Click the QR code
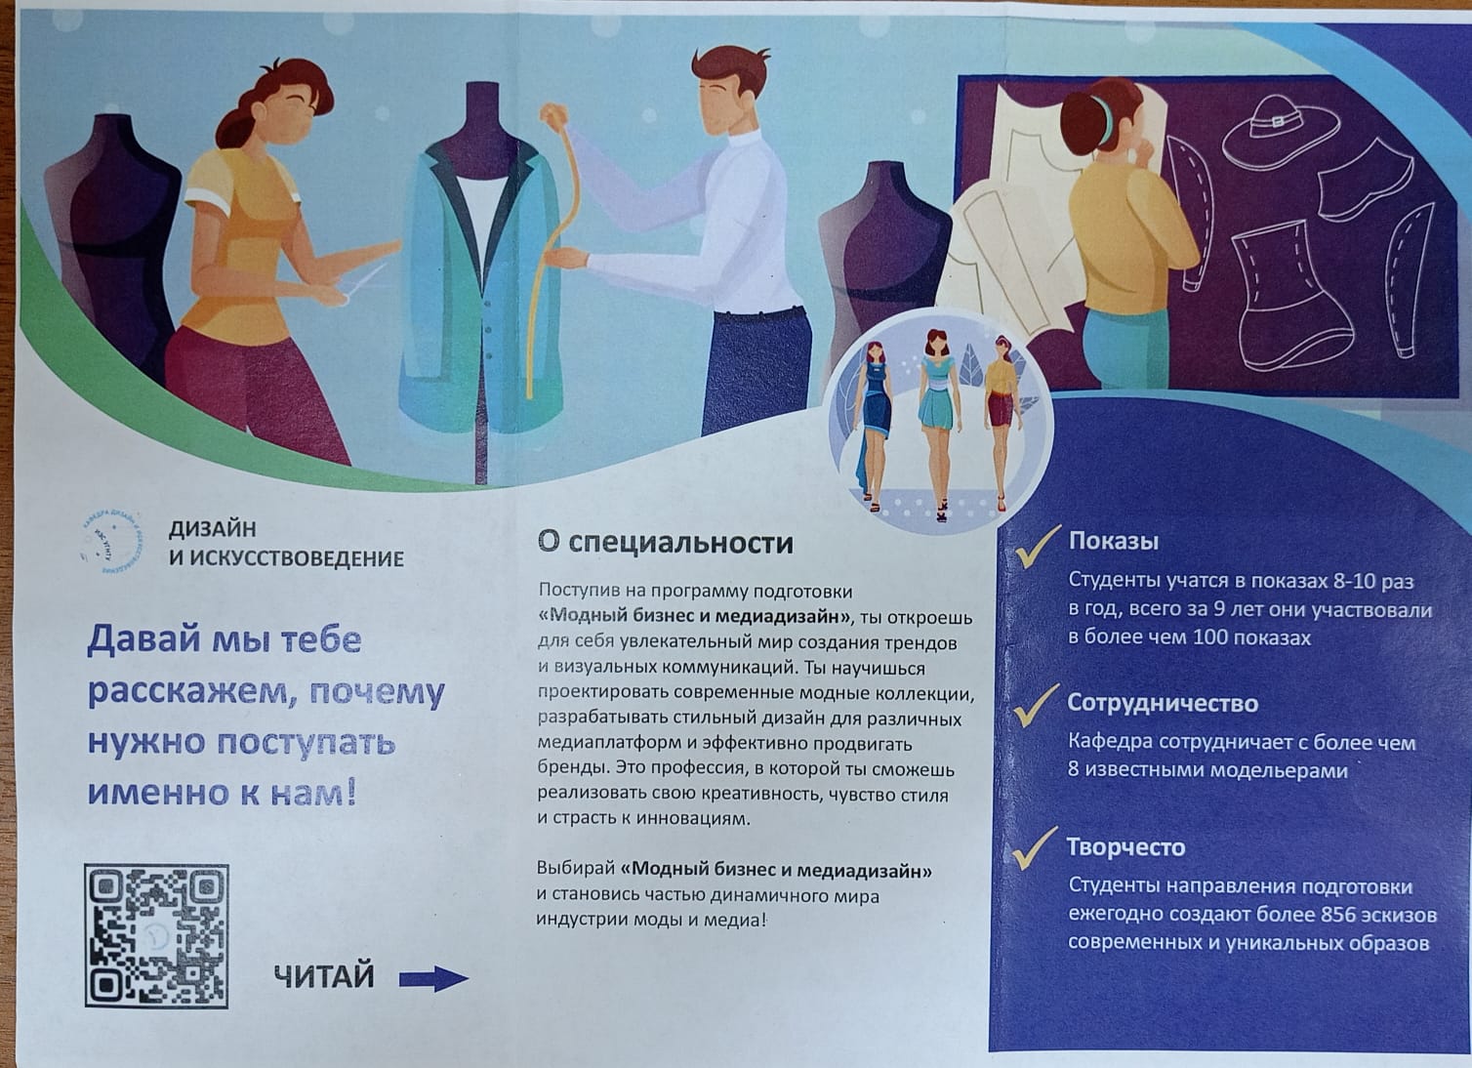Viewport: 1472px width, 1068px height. click(156, 936)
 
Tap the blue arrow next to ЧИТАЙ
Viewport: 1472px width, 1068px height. click(433, 979)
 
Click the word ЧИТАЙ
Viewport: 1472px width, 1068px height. click(324, 976)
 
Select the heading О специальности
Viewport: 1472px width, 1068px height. click(665, 543)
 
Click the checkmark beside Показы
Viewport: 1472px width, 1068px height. click(1038, 546)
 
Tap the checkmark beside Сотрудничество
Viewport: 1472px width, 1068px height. click(1037, 705)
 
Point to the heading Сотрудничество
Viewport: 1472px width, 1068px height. click(1163, 703)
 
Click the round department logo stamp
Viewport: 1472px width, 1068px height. click(111, 543)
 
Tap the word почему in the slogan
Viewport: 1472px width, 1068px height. click(377, 693)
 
